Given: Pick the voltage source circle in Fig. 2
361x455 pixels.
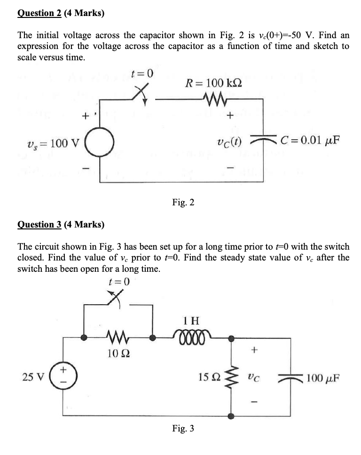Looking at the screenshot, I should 99,141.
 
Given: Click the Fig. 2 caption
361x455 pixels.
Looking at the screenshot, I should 183,203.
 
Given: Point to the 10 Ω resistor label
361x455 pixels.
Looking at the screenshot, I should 115,353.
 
